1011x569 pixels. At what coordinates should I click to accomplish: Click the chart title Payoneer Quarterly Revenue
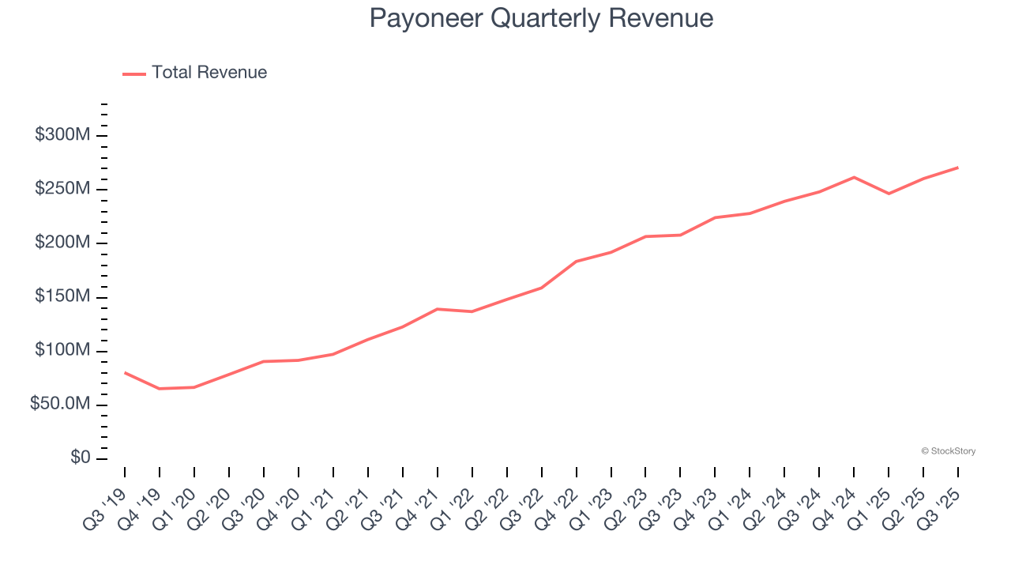coord(541,18)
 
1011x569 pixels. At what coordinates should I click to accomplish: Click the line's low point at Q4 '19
coord(160,389)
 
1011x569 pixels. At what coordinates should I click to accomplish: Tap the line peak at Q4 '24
coord(854,177)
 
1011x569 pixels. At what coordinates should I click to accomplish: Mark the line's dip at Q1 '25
coord(889,194)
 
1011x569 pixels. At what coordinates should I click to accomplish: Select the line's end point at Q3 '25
coord(958,168)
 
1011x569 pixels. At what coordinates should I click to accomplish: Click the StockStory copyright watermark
coord(948,451)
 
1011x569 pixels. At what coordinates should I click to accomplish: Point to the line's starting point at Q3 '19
coord(125,372)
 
